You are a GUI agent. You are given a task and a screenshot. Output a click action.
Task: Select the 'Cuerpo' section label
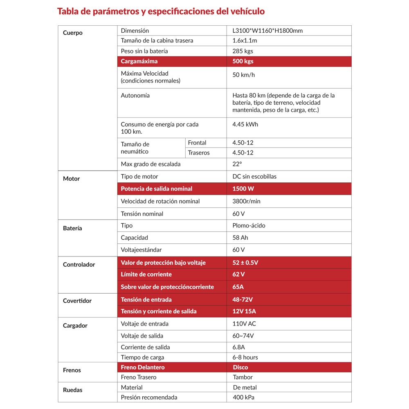coord(73,33)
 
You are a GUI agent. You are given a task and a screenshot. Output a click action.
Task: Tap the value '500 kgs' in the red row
coord(243,61)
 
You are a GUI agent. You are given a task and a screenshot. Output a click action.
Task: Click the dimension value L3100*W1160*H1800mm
coord(267,31)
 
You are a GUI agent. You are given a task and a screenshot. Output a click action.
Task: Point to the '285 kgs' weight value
coord(243,51)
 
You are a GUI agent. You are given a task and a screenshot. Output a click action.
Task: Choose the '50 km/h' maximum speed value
coord(244,75)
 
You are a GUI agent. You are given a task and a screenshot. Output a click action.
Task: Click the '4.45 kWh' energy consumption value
coord(245,124)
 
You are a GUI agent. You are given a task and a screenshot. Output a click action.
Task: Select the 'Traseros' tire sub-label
coord(199,153)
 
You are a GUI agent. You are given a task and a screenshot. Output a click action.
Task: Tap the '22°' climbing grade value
coord(237,164)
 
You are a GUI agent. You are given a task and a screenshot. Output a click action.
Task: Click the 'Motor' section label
coord(72,179)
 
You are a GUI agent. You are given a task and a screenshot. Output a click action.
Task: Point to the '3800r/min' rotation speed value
coord(247,201)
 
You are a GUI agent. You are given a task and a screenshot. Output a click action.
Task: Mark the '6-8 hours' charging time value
coord(245,357)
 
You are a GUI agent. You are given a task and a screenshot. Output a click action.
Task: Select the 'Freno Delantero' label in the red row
coord(143,367)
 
